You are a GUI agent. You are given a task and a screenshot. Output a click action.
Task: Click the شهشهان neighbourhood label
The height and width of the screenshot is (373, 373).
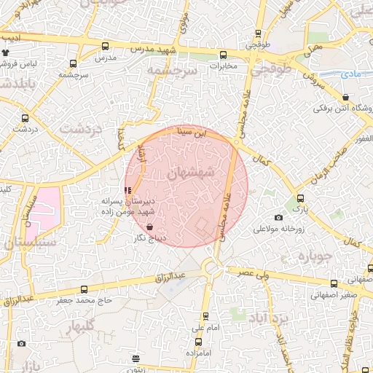pyautogui.click(x=190, y=173)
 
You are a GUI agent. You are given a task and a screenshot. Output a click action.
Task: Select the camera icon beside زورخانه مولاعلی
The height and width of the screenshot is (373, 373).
pyautogui.click(x=278, y=217)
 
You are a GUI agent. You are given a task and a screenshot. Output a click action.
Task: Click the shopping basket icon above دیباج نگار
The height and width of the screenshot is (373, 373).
pyautogui.click(x=149, y=227)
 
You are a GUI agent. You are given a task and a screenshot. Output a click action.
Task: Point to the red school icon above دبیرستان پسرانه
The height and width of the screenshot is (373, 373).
pyautogui.click(x=128, y=190)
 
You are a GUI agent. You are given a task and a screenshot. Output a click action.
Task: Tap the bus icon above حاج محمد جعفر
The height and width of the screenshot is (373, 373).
pyautogui.click(x=84, y=289)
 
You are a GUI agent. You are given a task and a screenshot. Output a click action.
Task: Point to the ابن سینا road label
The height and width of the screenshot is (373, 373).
pyautogui.click(x=195, y=134)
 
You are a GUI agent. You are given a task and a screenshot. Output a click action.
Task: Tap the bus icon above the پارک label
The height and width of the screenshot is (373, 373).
pyautogui.click(x=300, y=198)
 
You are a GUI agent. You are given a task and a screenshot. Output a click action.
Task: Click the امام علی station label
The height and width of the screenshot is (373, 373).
pyautogui.click(x=206, y=329)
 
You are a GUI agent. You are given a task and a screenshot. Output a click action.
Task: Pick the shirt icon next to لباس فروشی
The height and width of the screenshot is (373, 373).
pyautogui.click(x=7, y=52)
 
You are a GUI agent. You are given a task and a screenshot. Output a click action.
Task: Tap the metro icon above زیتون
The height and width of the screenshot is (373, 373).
pyautogui.click(x=136, y=358)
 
